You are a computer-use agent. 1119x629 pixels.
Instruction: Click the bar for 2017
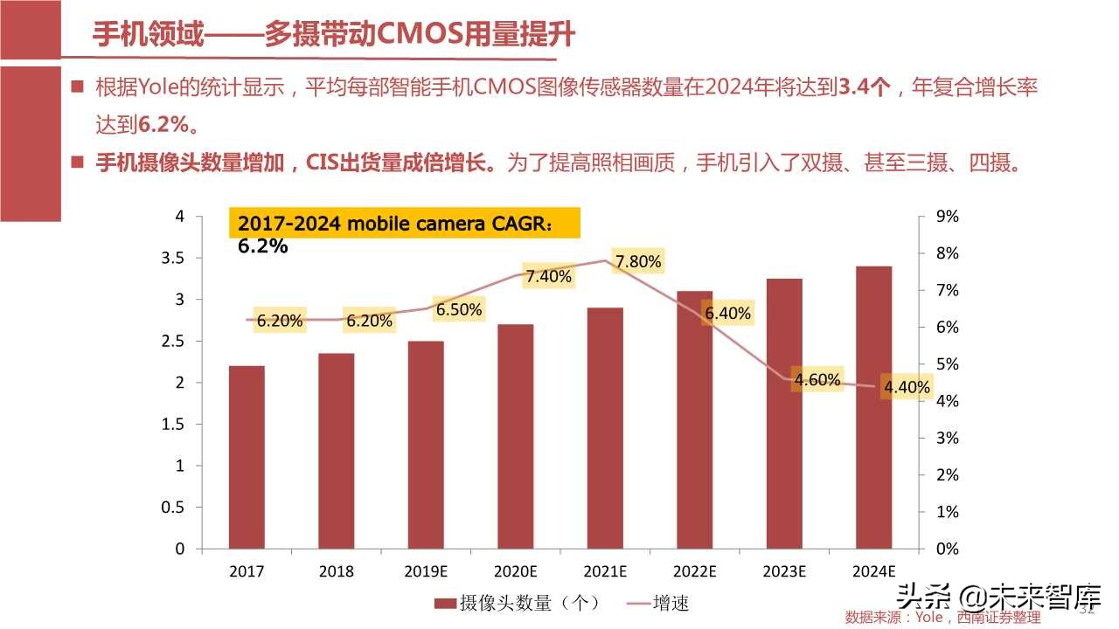click(247, 457)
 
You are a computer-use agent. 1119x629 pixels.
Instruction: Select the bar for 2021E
click(605, 428)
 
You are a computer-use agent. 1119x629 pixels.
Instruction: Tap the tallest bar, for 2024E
click(873, 407)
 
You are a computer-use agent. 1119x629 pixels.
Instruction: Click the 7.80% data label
click(638, 261)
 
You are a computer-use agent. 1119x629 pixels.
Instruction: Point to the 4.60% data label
click(817, 379)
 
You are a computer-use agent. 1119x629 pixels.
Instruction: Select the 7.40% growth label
click(548, 277)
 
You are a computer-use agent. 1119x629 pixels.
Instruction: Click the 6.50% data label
click(459, 309)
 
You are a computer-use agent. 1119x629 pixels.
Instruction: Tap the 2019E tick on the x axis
click(426, 572)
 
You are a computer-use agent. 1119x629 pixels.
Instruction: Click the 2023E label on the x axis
click(784, 572)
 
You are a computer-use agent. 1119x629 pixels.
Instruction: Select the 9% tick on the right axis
click(948, 216)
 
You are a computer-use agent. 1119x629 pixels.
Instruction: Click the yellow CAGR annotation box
click(404, 223)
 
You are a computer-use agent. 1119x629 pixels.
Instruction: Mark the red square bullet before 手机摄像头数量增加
click(78, 162)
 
